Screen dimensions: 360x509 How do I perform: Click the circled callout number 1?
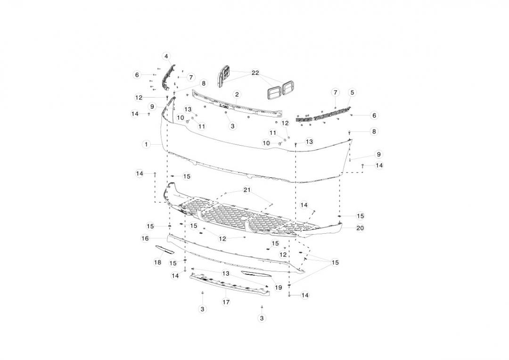(x=147, y=144)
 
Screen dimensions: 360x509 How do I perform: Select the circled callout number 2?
(x=237, y=95)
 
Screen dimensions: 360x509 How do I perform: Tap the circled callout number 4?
(x=166, y=56)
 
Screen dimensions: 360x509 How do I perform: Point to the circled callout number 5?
(x=352, y=92)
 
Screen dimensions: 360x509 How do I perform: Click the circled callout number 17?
(x=226, y=302)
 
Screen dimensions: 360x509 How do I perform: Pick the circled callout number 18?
(x=158, y=262)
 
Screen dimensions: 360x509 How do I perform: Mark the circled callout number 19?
(x=279, y=287)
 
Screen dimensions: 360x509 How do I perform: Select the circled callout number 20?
(x=361, y=228)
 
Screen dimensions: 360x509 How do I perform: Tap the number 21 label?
(x=247, y=189)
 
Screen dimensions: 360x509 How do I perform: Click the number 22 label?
(x=255, y=73)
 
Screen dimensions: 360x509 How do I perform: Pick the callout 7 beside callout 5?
(x=335, y=92)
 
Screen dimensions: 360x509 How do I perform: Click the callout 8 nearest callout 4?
(x=203, y=83)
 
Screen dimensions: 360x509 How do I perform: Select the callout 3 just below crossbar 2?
(x=232, y=126)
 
